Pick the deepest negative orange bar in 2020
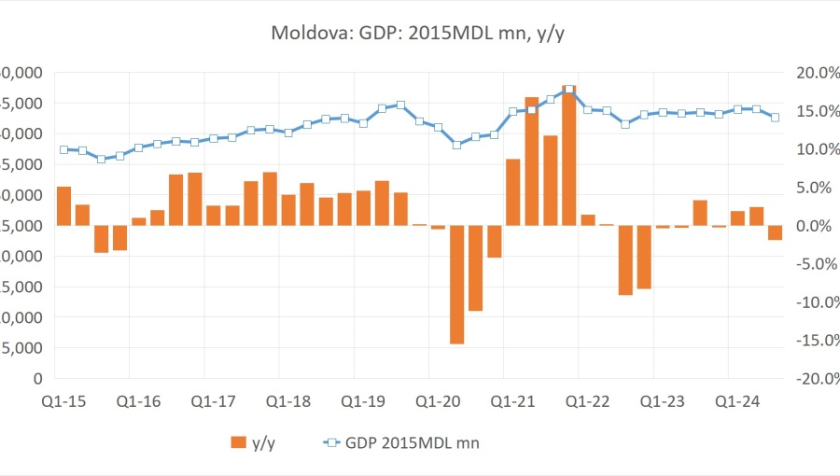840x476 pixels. point(456,285)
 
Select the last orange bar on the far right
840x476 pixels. point(775,232)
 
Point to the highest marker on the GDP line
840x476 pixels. point(568,90)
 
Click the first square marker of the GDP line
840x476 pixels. point(63,149)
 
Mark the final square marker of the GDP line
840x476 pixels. point(775,117)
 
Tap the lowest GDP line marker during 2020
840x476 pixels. point(456,145)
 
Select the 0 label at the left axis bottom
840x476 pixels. point(38,379)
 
